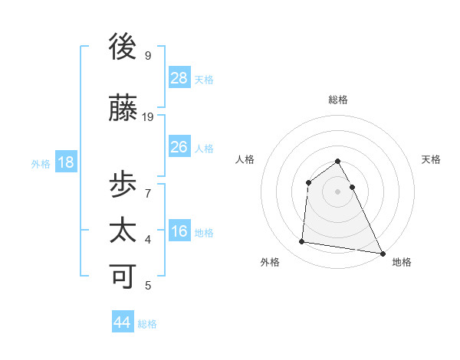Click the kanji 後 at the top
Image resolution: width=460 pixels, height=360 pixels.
pyautogui.click(x=124, y=47)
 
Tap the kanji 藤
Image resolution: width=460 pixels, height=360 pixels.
pyautogui.click(x=124, y=109)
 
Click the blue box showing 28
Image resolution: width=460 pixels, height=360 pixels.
pyautogui.click(x=179, y=77)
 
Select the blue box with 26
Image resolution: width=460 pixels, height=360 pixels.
pyautogui.click(x=179, y=147)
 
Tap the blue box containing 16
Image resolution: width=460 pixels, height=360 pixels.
pyautogui.click(x=179, y=231)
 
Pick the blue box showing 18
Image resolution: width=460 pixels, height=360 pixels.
pyautogui.click(x=65, y=162)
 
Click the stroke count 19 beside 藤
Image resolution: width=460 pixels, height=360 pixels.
pyautogui.click(x=149, y=117)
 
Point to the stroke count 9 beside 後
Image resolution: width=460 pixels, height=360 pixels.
pyautogui.click(x=148, y=55)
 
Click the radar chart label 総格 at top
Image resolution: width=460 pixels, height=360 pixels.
pyautogui.click(x=338, y=100)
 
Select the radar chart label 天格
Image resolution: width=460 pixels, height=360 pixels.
pyautogui.click(x=432, y=159)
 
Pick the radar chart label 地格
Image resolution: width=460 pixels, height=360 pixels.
pyautogui.click(x=402, y=262)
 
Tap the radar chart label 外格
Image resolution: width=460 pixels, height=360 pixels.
pyautogui.click(x=270, y=262)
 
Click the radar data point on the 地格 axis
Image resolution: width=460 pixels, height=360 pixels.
pyautogui.click(x=383, y=253)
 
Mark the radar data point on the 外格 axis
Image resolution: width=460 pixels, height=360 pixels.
pyautogui.click(x=302, y=242)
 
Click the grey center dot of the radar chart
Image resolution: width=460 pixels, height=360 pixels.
pyautogui.click(x=338, y=191)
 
